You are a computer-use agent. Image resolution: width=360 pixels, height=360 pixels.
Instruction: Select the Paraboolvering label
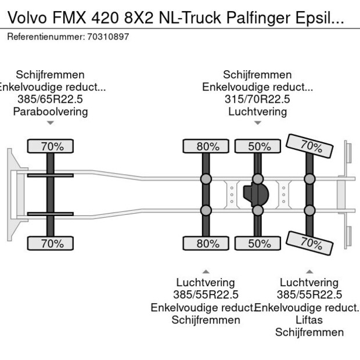(51, 111)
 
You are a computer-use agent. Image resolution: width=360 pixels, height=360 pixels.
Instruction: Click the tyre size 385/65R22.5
(51, 99)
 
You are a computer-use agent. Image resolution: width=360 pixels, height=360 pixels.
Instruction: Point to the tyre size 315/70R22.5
(257, 99)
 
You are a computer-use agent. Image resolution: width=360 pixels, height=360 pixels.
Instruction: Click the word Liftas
(309, 320)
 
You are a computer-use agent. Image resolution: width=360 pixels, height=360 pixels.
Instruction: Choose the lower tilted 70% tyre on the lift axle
(310, 243)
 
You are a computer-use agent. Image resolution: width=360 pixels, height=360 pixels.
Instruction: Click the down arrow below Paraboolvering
(51, 123)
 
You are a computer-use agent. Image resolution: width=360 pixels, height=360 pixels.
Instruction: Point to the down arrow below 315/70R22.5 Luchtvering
(257, 123)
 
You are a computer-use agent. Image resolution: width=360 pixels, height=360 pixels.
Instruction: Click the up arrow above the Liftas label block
(309, 271)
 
